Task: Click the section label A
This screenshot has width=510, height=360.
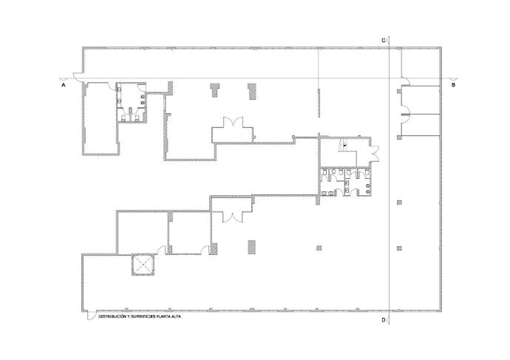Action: coord(64,85)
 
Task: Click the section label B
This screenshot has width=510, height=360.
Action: coord(453,85)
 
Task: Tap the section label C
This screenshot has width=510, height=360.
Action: coord(384,41)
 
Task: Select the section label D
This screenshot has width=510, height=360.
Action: coord(384,320)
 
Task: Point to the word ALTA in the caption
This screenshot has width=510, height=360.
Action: coord(176,316)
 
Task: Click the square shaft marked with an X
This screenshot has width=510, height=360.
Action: coord(143,265)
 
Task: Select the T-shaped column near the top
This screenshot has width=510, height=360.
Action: coord(214,89)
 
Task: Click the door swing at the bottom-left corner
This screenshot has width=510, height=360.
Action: coord(90,316)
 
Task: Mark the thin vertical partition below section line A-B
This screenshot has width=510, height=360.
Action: coord(319,103)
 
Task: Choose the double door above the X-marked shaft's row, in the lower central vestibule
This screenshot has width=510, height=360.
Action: coord(232,217)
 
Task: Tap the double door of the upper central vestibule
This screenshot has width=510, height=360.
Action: coord(233,123)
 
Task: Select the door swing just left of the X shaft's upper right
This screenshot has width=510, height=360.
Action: coord(162,250)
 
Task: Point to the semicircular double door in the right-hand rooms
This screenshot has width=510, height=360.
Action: coord(406,114)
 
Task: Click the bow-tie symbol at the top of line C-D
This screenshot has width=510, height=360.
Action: coord(390,41)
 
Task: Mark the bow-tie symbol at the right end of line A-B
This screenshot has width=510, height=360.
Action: coord(455,78)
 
